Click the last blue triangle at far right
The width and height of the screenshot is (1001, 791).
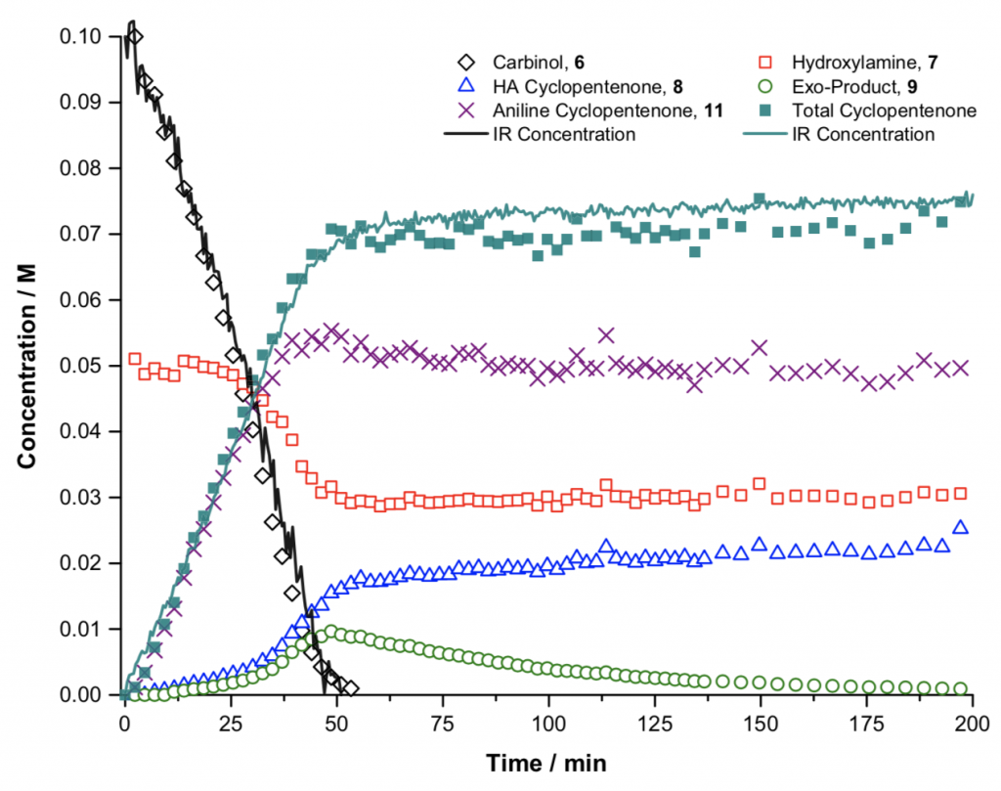click(961, 527)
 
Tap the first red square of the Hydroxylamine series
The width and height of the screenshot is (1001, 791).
click(135, 359)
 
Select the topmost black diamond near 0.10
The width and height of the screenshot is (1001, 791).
click(135, 37)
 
